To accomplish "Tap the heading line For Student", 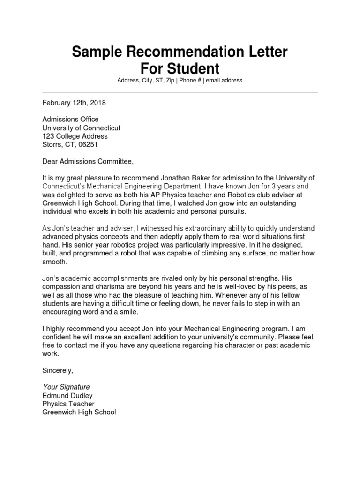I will coord(180,68).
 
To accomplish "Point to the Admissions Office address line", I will coord(70,120).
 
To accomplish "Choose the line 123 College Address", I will coord(75,136).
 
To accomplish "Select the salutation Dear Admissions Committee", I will coord(88,162).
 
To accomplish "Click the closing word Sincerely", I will coord(58,370).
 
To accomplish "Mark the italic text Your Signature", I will coord(66,387).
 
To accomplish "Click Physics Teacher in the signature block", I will coord(68,404).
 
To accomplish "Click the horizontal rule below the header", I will coord(180,93).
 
